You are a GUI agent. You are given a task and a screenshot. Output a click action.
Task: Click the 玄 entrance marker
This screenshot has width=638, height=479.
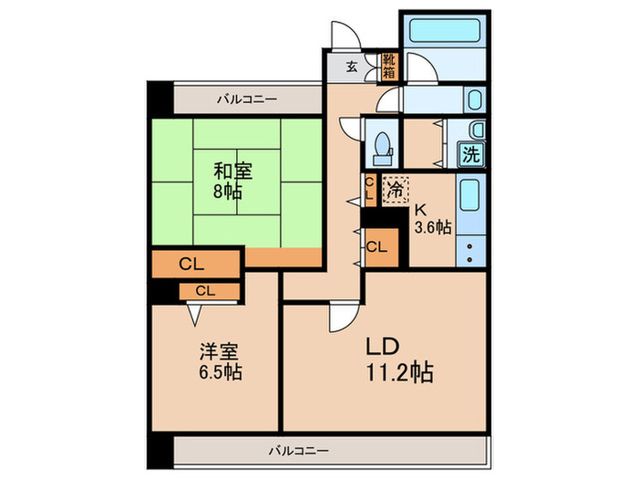[x=352, y=66]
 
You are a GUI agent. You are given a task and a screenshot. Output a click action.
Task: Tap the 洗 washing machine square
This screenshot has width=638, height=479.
[x=471, y=153]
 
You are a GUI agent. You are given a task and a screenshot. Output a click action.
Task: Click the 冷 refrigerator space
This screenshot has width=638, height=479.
[x=396, y=191]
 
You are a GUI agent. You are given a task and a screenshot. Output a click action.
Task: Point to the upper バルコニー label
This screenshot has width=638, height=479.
[x=246, y=98]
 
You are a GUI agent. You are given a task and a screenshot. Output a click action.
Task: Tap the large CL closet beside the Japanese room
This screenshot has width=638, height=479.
[x=195, y=265]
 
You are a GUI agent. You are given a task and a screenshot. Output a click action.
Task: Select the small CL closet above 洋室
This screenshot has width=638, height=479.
[x=206, y=292]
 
